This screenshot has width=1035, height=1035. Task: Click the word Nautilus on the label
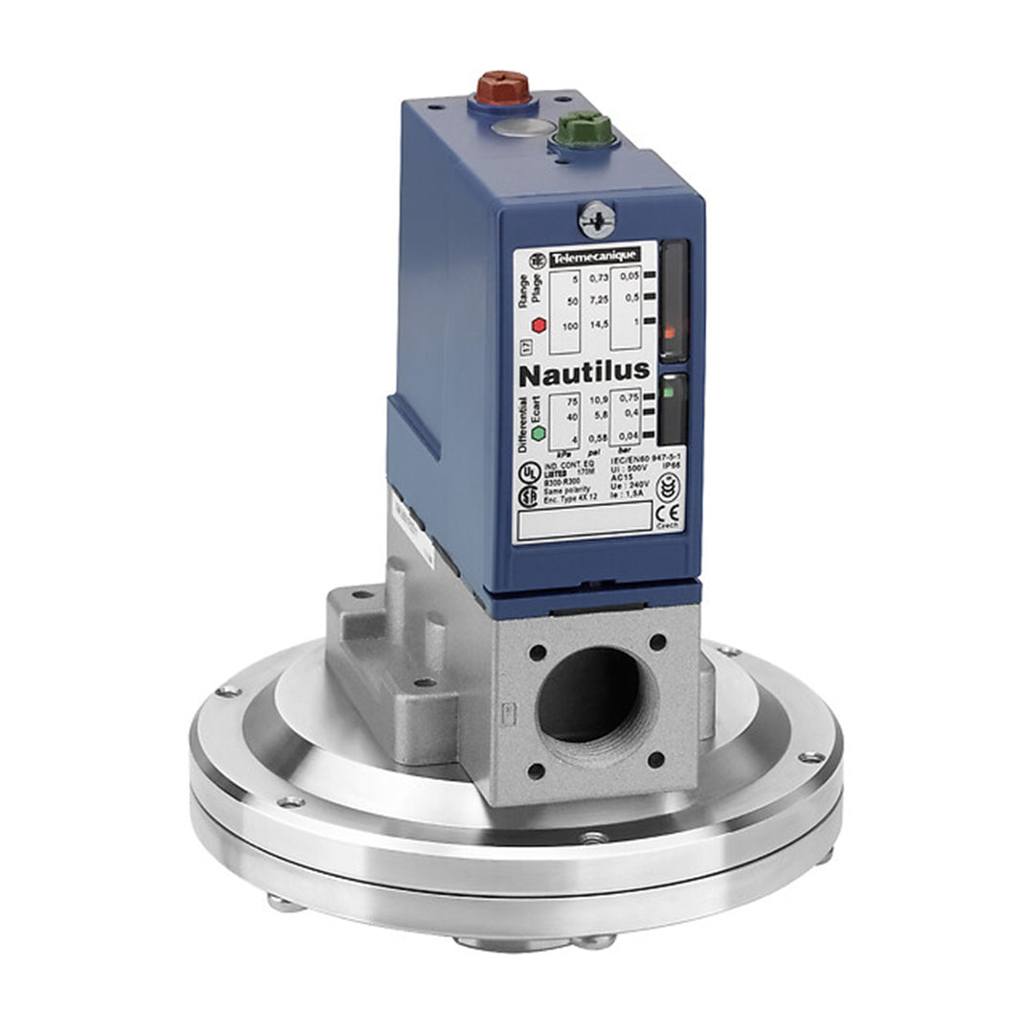click(x=585, y=370)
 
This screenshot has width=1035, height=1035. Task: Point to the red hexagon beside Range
click(x=539, y=325)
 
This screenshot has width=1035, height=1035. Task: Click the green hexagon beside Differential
click(x=539, y=433)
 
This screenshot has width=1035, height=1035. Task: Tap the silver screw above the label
click(x=595, y=218)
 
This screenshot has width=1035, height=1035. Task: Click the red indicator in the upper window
click(x=671, y=333)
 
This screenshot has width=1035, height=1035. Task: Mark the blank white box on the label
click(x=583, y=520)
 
